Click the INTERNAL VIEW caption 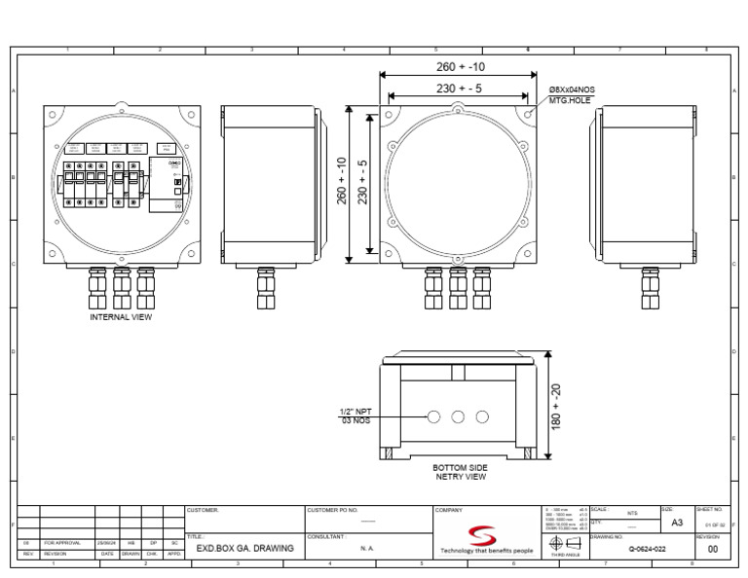point(121,316)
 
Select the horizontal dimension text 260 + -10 point(460,67)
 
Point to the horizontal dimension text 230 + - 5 point(460,89)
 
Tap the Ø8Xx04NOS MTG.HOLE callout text point(571,94)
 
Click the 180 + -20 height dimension point(556,407)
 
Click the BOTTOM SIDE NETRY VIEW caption point(460,472)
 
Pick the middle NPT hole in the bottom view point(459,416)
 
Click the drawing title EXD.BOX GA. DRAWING point(244,549)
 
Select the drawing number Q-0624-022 point(647,549)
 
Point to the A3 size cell point(677,523)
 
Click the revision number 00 point(712,549)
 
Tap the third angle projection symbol point(566,544)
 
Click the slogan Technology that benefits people point(487,551)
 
